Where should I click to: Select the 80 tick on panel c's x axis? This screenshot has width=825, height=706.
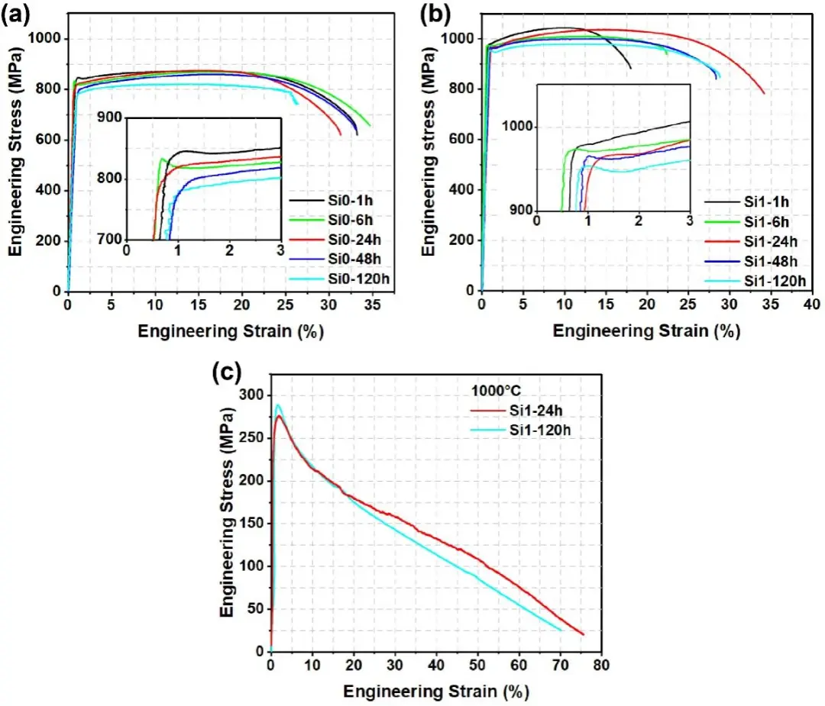pyautogui.click(x=602, y=665)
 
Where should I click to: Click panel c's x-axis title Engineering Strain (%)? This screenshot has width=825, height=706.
pyautogui.click(x=435, y=691)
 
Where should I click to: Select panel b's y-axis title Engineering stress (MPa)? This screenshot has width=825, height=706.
pyautogui.click(x=429, y=153)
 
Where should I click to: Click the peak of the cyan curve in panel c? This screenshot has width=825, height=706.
pyautogui.click(x=278, y=405)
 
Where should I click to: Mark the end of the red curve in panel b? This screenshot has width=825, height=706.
pyautogui.click(x=764, y=93)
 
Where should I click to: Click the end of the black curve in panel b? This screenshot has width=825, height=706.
pyautogui.click(x=631, y=68)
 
